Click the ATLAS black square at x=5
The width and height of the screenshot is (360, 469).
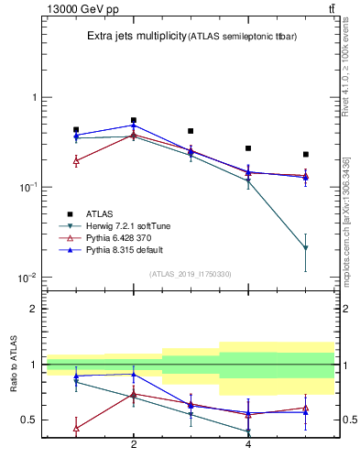tap(305, 154)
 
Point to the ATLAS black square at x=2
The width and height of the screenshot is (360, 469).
tap(134, 120)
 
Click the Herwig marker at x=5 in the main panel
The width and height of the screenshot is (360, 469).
tap(305, 248)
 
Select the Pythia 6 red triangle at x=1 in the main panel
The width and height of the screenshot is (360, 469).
tap(76, 160)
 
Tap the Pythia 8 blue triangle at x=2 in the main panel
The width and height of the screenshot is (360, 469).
tap(134, 125)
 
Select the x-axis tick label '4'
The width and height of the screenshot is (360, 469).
tap(248, 444)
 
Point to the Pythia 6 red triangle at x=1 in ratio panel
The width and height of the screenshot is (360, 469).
tap(76, 428)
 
